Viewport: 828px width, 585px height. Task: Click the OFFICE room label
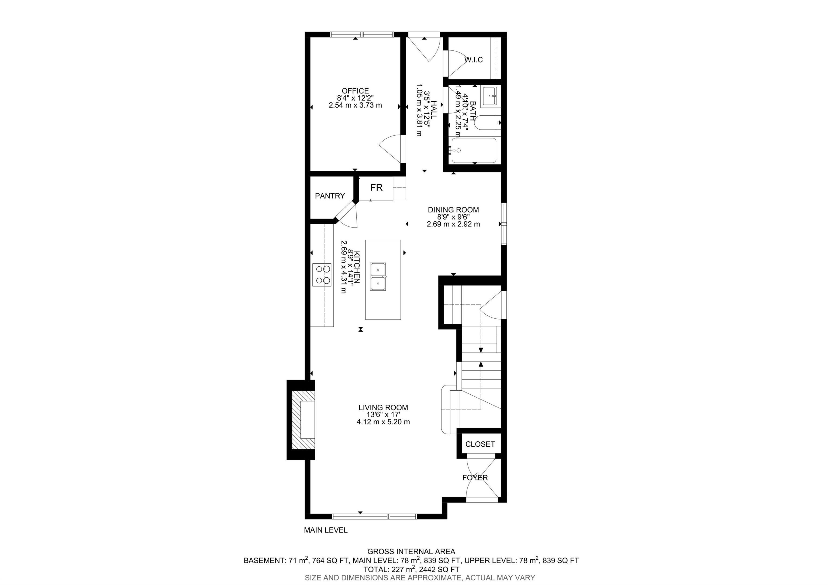tap(355, 91)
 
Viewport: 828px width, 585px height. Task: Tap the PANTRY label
tap(330, 196)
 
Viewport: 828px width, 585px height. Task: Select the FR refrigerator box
tap(376, 188)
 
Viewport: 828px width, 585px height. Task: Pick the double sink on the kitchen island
tap(378, 276)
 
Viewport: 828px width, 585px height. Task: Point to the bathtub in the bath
tap(474, 150)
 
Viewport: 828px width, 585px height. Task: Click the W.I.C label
tap(474, 60)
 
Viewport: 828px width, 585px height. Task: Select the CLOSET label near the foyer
tap(480, 444)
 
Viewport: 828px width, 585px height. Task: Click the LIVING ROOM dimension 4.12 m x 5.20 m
tap(383, 422)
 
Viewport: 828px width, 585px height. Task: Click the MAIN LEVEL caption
tap(326, 530)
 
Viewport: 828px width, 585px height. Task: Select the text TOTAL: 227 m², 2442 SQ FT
tap(411, 569)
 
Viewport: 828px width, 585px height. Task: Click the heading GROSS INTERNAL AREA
tap(411, 552)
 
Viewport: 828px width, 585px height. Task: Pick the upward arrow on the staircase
tap(481, 365)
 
